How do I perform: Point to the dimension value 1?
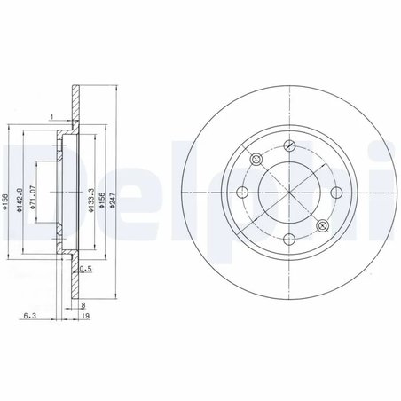tap(51, 116)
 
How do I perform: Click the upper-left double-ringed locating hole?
tap(256, 160)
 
